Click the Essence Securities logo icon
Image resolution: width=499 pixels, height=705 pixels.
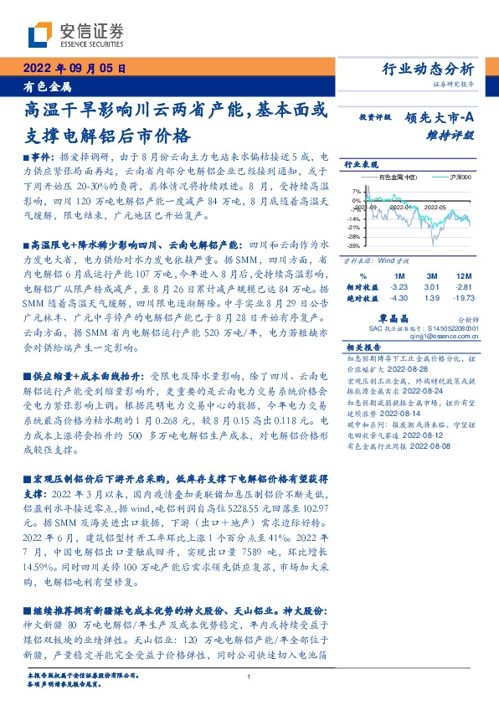[x=40, y=34]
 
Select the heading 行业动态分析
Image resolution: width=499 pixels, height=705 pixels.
[x=435, y=68]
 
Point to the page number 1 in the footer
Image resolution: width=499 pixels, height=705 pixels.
[x=249, y=677]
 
